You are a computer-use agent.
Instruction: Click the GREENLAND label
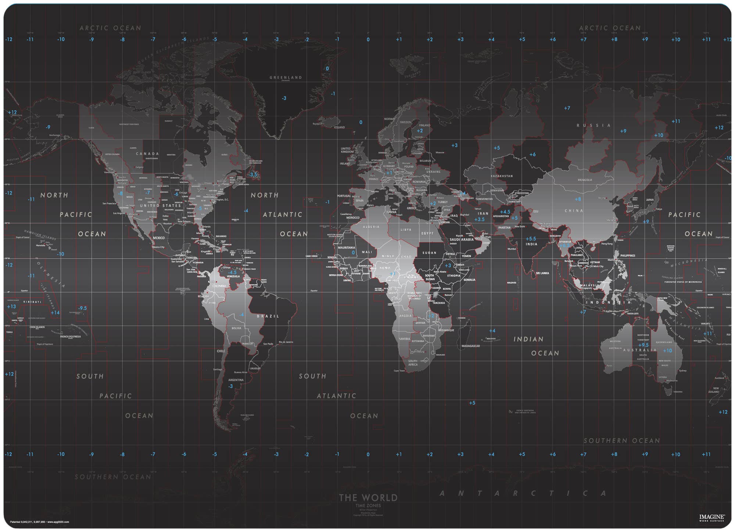[x=286, y=77]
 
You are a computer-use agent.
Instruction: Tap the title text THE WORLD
[x=368, y=498]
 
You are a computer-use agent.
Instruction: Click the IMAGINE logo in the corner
[x=712, y=517]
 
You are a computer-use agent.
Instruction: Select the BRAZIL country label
[x=268, y=316]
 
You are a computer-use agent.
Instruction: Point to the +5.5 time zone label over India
[x=531, y=239]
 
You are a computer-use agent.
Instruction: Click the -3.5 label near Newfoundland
[x=253, y=174]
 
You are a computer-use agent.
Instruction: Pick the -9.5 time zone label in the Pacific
[x=82, y=308]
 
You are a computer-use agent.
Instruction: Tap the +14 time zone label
[x=55, y=313]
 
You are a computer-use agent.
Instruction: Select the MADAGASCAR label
[x=470, y=346]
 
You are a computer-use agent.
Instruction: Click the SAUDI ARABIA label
[x=462, y=240]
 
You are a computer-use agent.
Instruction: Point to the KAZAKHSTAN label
[x=502, y=176]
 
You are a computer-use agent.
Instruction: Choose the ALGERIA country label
[x=371, y=227]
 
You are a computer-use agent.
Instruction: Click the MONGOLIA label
[x=585, y=180]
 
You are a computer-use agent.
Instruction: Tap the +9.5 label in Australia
[x=643, y=345]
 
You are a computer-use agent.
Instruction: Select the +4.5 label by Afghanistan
[x=505, y=212]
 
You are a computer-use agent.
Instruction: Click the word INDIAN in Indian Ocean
[x=528, y=339]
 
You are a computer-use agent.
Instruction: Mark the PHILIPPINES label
[x=627, y=256]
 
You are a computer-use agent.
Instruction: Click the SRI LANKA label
[x=542, y=273]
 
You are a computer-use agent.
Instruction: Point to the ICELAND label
[x=339, y=127]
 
